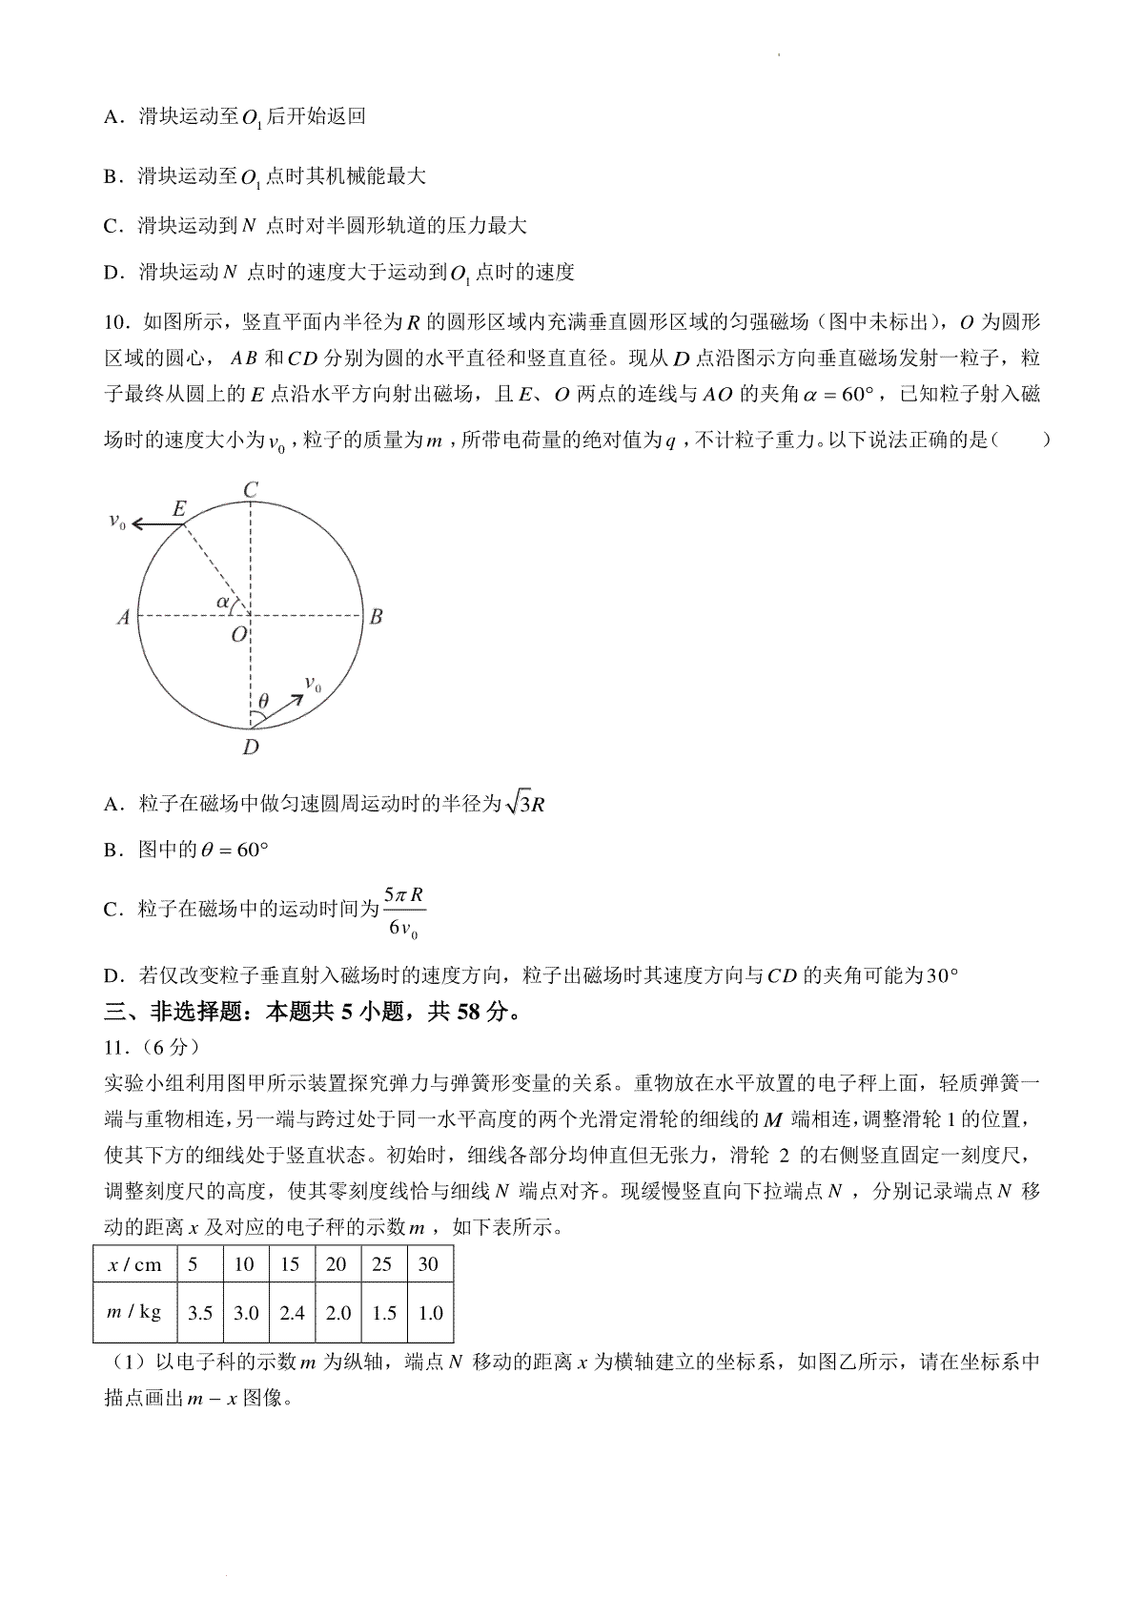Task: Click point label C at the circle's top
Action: coord(251,490)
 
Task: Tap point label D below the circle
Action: coord(251,747)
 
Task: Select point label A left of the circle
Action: coord(123,618)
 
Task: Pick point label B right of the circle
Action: coord(376,617)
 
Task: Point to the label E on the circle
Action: coord(178,508)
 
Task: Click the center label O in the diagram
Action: coord(238,633)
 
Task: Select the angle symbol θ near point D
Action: coord(263,702)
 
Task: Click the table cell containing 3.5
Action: coord(200,1312)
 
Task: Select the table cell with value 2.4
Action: coord(291,1312)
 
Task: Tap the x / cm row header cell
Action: coord(134,1264)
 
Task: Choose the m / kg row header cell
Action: coord(134,1312)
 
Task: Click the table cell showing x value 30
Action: coord(429,1264)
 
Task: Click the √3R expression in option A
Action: coord(525,804)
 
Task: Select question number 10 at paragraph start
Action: coord(114,321)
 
